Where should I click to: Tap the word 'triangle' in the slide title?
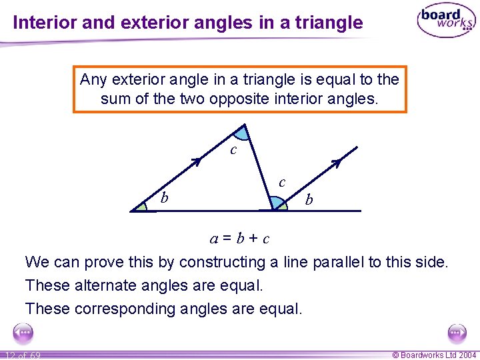(331, 23)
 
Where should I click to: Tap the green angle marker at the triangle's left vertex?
(141, 207)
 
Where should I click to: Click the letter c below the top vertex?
(233, 150)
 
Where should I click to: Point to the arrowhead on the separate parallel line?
(337, 162)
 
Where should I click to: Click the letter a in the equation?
(214, 239)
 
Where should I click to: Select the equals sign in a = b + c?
(227, 239)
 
